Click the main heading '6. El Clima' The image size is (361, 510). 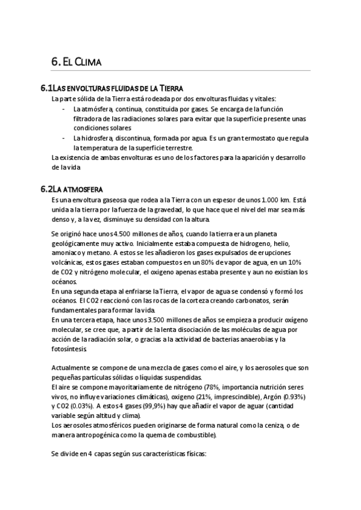tap(76, 61)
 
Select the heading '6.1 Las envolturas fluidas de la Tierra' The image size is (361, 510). tap(111, 88)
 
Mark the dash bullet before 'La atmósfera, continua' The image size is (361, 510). tap(64, 109)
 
